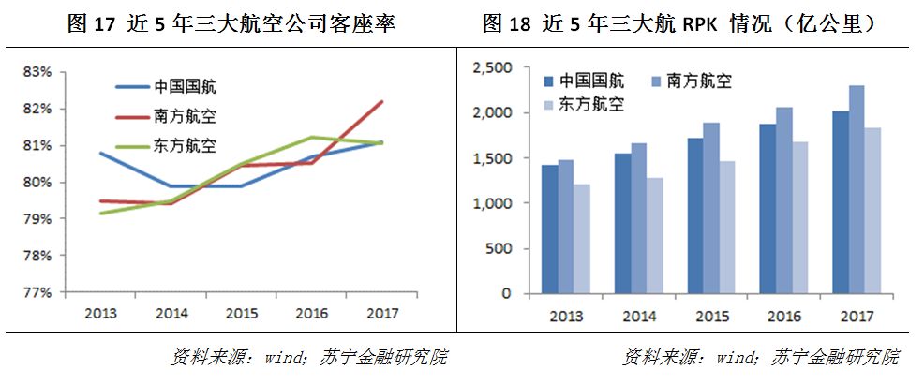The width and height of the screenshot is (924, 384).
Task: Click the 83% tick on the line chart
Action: [x=36, y=72]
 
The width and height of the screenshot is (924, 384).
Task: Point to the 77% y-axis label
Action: [x=36, y=292]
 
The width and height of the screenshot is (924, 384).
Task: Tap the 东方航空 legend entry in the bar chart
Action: [x=590, y=104]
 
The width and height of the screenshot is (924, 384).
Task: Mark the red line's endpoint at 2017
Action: [x=382, y=101]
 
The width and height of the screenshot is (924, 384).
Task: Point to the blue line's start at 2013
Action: [x=100, y=153]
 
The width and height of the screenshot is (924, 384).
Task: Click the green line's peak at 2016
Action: [x=312, y=138]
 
